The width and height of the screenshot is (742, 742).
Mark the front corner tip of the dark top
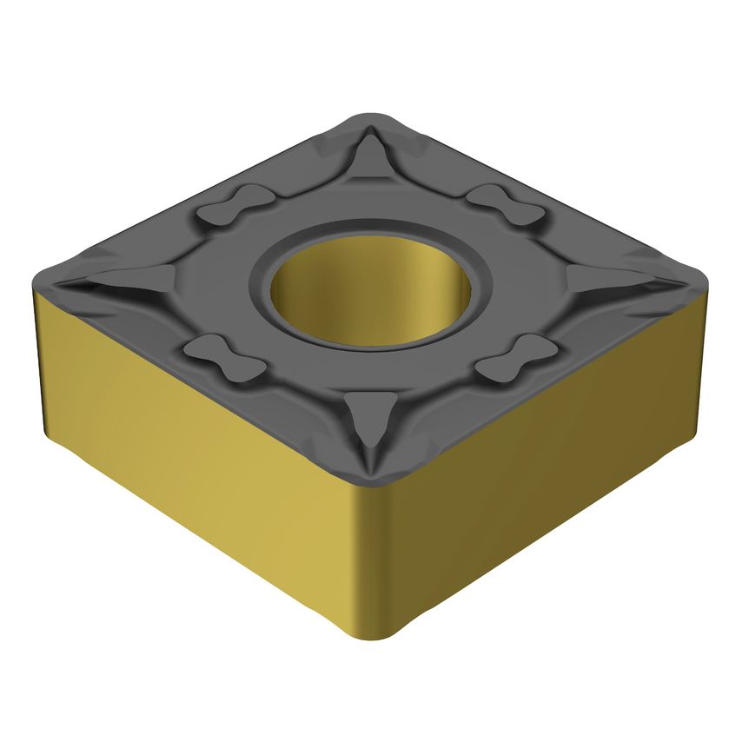[371, 482]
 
